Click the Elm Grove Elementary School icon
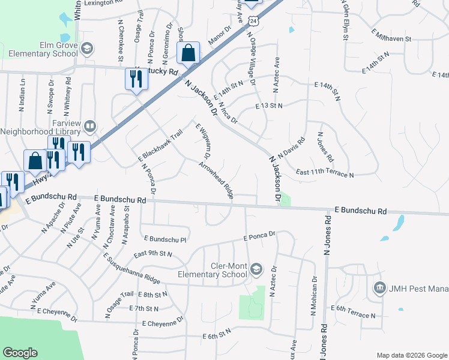click(87, 48)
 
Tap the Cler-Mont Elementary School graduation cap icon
click(256, 269)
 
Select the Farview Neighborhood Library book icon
click(89, 126)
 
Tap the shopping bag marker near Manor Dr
click(188, 53)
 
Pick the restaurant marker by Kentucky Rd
click(136, 79)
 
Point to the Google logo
click(20, 353)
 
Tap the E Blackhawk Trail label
click(160, 145)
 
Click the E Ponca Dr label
click(259, 236)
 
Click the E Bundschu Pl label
click(163, 238)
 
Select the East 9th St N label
click(153, 254)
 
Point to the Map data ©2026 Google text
click(411, 354)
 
